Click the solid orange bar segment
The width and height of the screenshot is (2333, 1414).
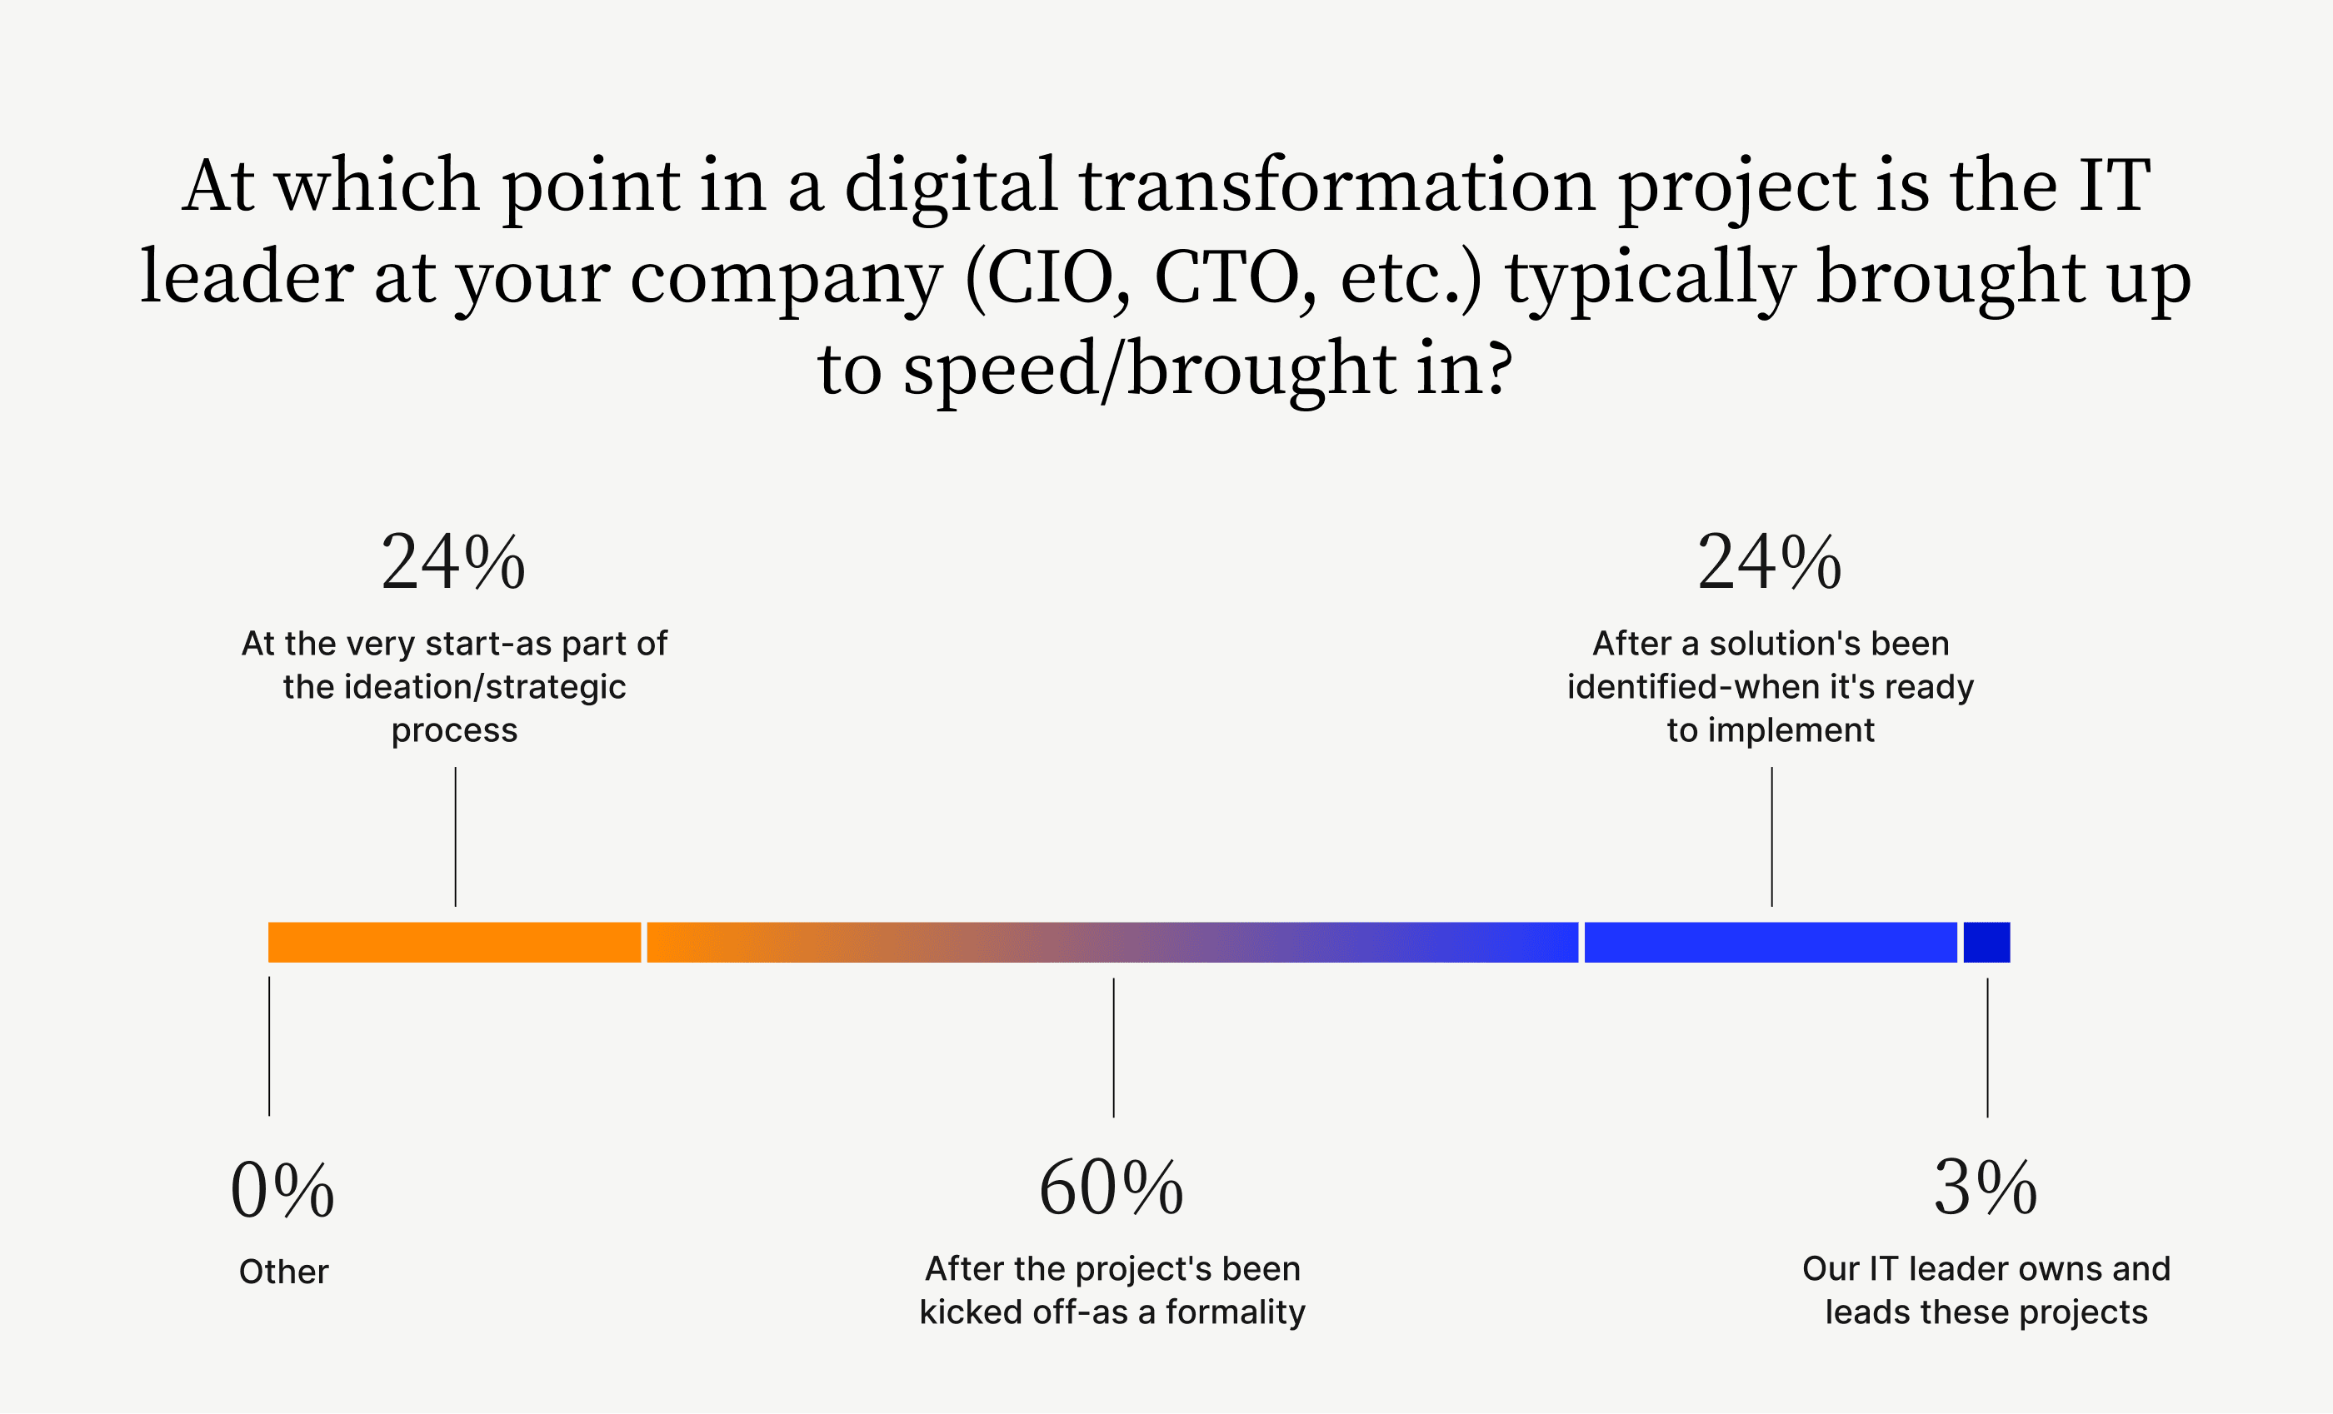point(454,943)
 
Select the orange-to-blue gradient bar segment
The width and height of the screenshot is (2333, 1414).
point(1112,943)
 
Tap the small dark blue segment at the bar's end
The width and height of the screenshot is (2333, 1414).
point(1986,943)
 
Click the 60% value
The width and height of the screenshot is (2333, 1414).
point(1112,1189)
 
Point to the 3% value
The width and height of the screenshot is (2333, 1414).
point(1986,1189)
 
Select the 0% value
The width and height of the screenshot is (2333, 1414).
point(282,1191)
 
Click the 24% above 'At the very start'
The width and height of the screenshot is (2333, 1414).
point(453,562)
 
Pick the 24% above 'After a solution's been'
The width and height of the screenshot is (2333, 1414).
point(1770,562)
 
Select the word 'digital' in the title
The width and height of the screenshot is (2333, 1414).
point(951,186)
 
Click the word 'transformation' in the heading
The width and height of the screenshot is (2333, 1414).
point(1338,185)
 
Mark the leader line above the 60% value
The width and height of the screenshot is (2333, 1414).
point(1113,1048)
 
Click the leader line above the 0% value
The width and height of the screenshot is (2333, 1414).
point(269,1047)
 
